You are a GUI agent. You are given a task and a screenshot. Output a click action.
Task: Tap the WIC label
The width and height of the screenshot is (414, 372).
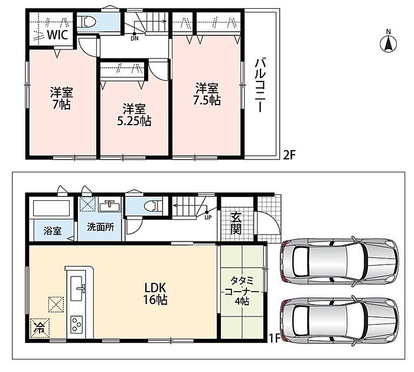(57, 35)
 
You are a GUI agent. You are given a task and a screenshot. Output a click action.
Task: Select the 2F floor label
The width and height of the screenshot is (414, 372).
(289, 155)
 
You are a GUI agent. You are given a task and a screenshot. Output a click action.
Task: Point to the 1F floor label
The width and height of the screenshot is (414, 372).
(275, 338)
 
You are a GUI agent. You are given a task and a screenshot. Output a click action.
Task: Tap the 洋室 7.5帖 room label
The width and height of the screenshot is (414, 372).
(207, 94)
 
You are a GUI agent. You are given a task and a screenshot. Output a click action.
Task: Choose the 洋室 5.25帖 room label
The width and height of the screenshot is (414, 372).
(134, 115)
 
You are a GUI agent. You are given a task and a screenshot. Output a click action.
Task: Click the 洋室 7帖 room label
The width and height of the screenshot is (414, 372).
(61, 98)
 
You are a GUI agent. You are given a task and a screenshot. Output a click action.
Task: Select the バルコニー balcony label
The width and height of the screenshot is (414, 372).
(259, 85)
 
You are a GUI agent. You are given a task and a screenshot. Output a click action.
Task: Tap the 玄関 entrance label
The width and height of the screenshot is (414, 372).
(236, 223)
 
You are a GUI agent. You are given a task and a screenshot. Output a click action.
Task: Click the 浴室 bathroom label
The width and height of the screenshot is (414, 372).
(53, 231)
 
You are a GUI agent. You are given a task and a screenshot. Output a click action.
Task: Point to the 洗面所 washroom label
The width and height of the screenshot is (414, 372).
(100, 227)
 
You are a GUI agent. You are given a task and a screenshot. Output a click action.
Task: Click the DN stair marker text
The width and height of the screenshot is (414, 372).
(135, 38)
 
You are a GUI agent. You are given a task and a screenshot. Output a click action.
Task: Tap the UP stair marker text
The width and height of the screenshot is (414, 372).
(208, 218)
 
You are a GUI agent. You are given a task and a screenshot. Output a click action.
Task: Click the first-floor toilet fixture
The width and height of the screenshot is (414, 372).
(153, 206)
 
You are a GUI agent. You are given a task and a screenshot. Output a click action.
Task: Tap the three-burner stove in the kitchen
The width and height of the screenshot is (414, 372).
(76, 324)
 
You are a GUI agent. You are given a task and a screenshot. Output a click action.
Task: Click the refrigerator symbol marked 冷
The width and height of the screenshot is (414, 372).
(40, 328)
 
